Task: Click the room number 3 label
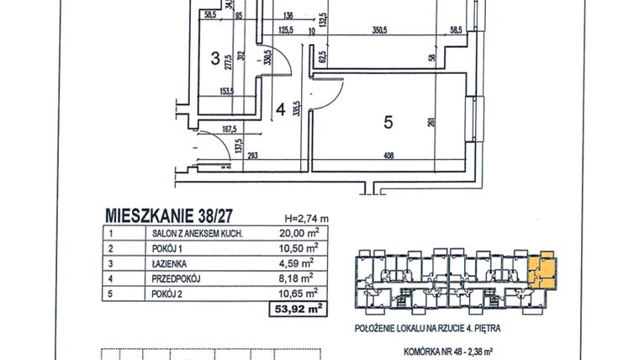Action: pyautogui.click(x=215, y=59)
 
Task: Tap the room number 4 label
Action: pyautogui.click(x=283, y=109)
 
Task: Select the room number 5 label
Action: pyautogui.click(x=388, y=122)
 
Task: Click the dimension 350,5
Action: pyautogui.click(x=378, y=32)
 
